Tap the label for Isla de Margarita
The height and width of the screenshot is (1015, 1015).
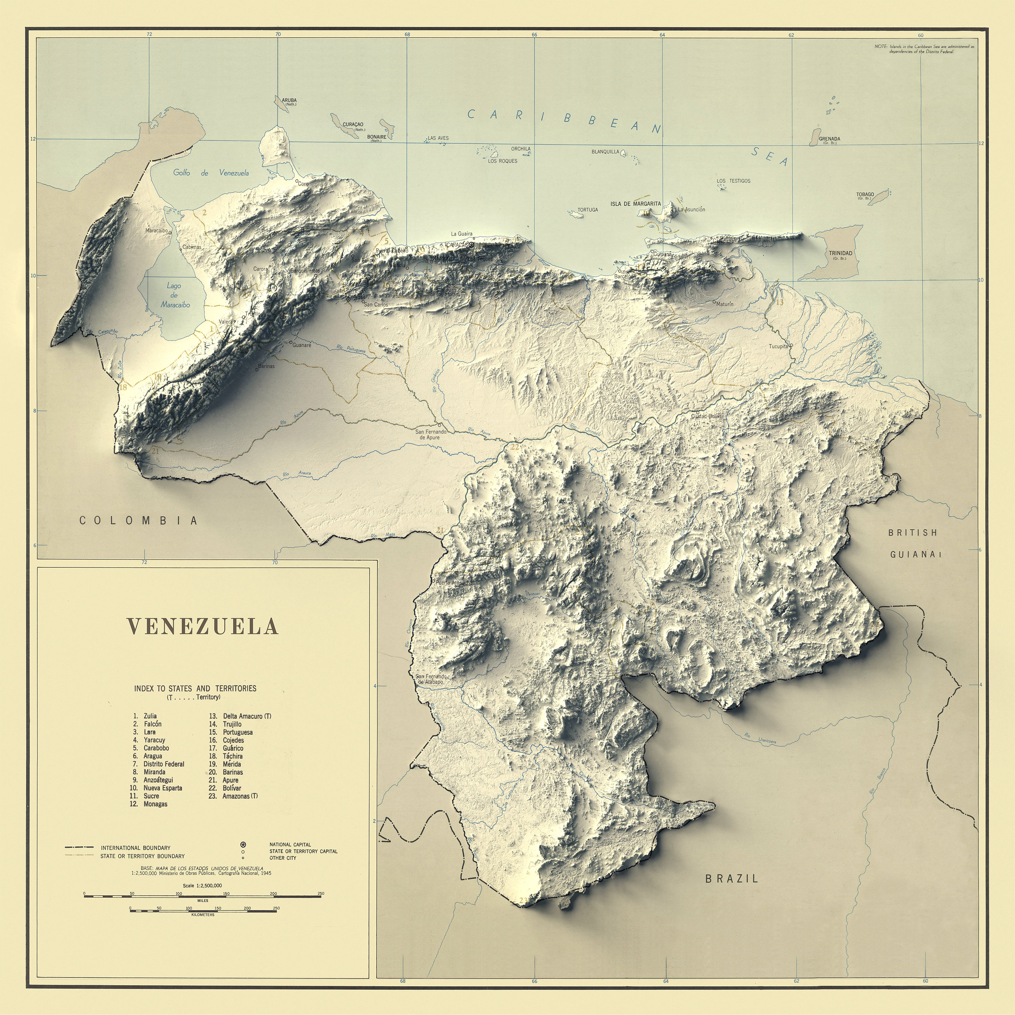(x=635, y=204)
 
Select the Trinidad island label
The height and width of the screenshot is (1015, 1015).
(x=840, y=253)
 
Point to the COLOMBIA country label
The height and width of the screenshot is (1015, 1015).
(x=139, y=521)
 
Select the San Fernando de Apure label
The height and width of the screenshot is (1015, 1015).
(x=431, y=434)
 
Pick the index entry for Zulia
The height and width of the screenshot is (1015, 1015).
(x=150, y=716)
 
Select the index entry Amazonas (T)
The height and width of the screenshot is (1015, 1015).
(x=240, y=796)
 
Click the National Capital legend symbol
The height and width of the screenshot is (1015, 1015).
(x=243, y=844)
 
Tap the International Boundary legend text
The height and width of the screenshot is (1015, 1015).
(x=136, y=848)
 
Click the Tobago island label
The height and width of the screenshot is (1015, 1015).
(x=865, y=195)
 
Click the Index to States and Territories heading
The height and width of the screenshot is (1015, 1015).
(x=195, y=688)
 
